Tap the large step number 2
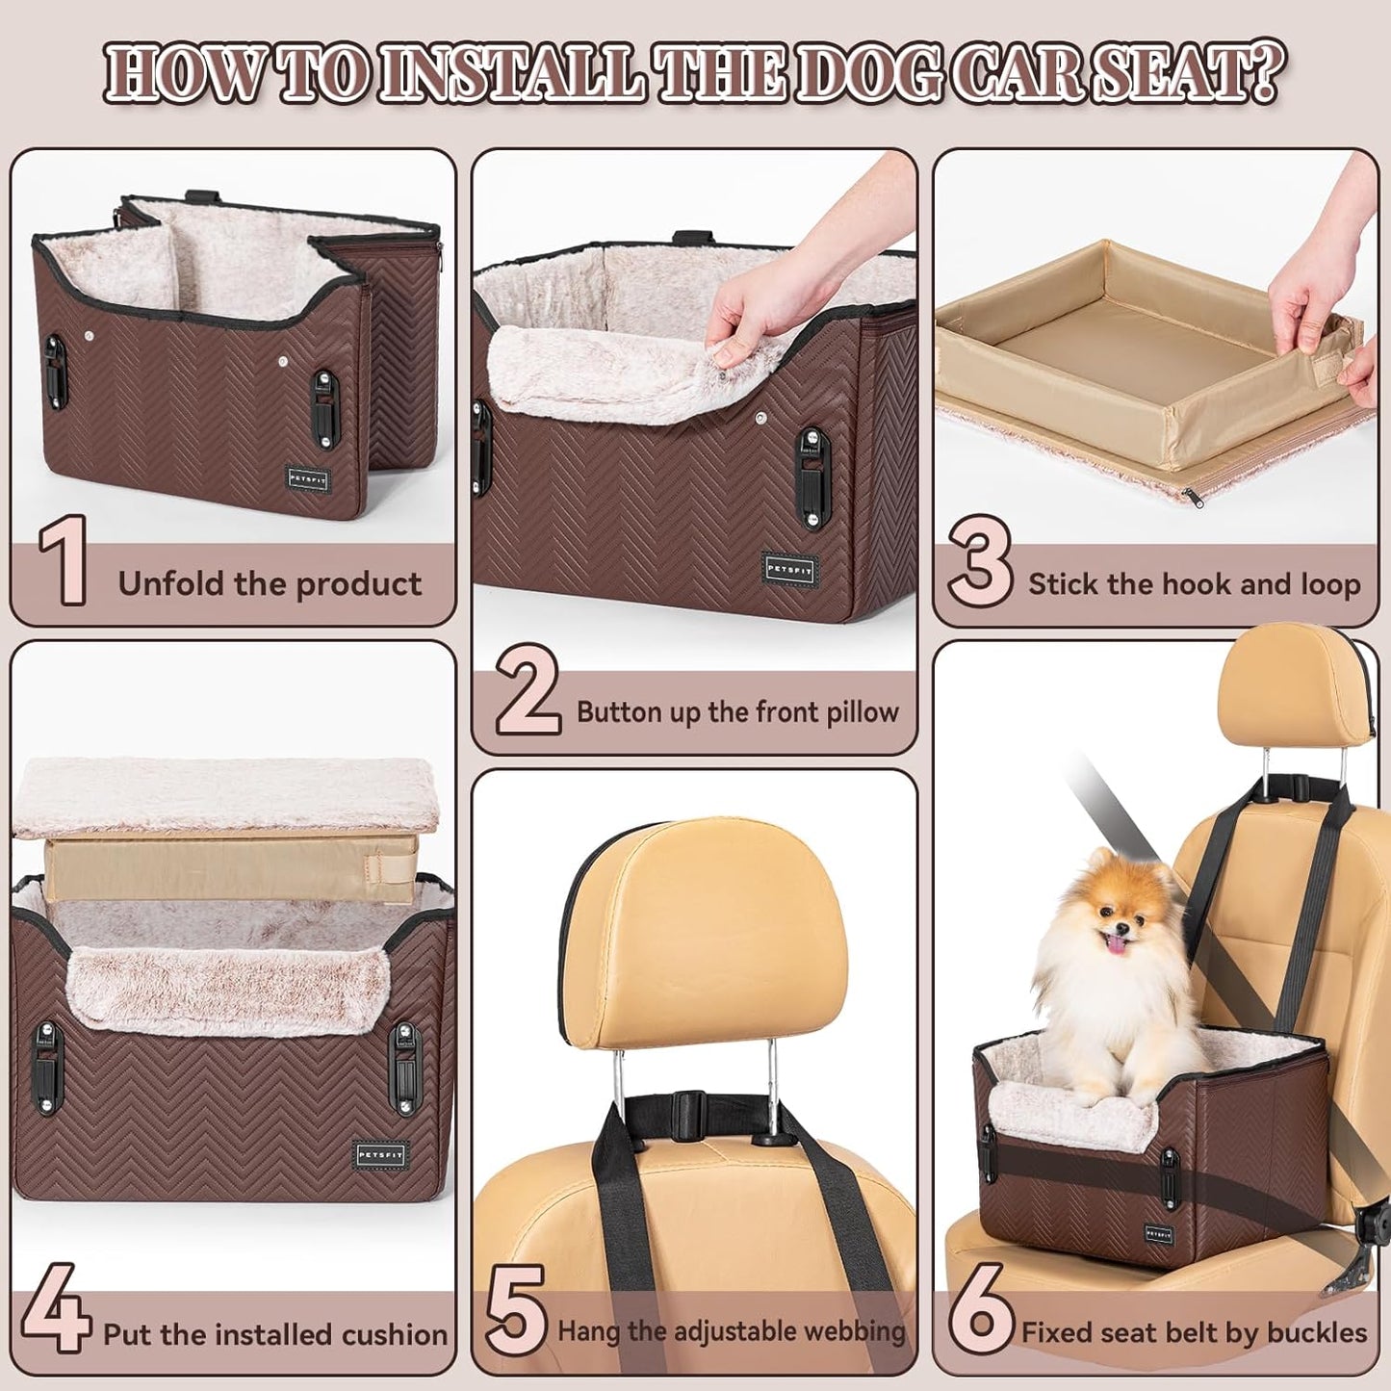[528, 690]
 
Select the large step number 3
[979, 560]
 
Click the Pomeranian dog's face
[1118, 923]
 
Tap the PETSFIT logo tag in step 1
[308, 478]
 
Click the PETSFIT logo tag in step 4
[381, 1154]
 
